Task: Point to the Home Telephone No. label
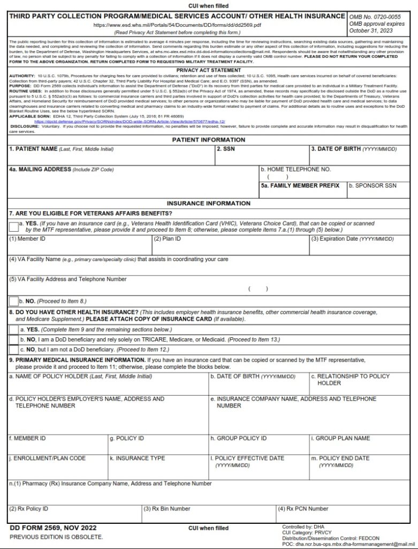point(295,169)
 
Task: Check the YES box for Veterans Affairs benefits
point(13,227)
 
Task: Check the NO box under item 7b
point(13,301)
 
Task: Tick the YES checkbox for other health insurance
point(13,330)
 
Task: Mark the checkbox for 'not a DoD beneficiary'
point(13,350)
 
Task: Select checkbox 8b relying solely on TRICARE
point(13,340)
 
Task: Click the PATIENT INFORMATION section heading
point(209,140)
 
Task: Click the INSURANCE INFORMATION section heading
point(209,204)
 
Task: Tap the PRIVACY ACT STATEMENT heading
point(209,70)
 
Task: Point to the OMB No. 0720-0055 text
point(374,17)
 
